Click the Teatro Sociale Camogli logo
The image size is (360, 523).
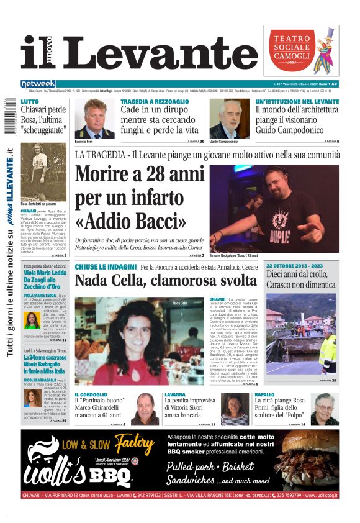click(x=302, y=50)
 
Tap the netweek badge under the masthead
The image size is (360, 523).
click(x=38, y=83)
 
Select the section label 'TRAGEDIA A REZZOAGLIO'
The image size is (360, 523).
click(x=155, y=101)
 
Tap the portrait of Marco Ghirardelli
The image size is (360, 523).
click(x=144, y=409)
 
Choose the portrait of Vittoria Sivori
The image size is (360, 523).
click(x=233, y=409)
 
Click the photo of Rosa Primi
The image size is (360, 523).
click(x=324, y=409)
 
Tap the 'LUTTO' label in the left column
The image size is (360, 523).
click(x=30, y=101)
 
